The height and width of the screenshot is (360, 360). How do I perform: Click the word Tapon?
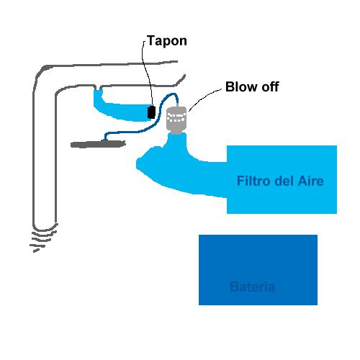167,41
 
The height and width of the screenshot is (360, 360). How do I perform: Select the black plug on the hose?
151,112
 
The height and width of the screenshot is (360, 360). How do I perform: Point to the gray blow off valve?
176,120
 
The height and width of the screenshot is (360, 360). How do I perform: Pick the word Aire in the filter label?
311,181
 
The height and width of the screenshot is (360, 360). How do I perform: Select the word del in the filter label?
284,181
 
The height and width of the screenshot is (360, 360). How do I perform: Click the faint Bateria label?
252,287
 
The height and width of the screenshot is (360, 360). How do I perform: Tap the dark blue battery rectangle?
258,270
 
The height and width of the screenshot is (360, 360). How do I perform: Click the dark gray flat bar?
98,144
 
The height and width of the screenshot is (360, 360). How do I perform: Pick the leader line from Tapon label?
146,72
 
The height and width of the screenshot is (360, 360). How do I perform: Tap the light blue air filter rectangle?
282,179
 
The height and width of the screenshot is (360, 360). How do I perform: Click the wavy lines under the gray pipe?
43,240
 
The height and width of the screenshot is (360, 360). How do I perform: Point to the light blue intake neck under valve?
177,144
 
